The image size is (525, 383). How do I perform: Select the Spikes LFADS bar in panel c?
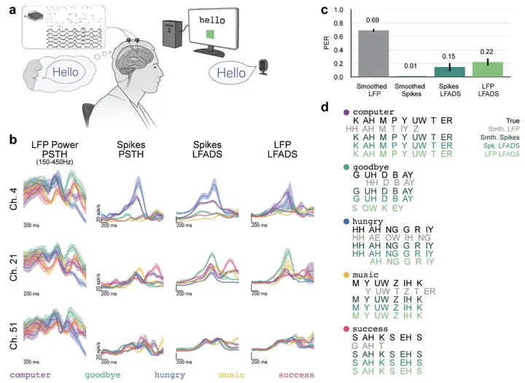pyautogui.click(x=451, y=71)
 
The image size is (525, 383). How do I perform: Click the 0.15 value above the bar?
pyautogui.click(x=451, y=55)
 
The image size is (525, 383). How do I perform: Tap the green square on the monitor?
pyautogui.click(x=211, y=34)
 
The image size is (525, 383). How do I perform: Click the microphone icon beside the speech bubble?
pyautogui.click(x=263, y=66)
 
